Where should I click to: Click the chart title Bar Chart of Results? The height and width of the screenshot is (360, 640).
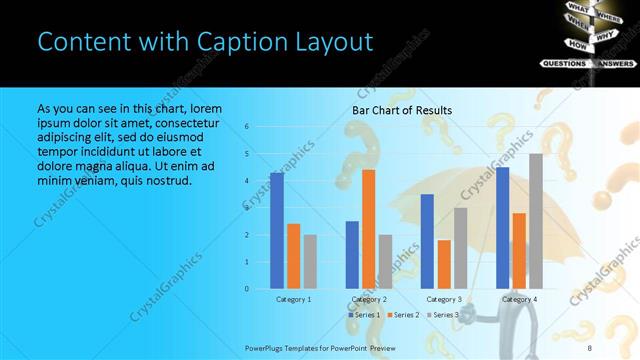pos(402,110)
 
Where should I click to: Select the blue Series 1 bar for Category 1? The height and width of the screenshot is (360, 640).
pos(277,230)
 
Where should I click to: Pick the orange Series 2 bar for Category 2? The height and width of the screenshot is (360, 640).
pos(369,229)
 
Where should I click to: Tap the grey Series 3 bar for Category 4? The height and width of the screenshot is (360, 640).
pos(536,221)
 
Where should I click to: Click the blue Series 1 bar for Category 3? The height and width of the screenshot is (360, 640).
pos(427,241)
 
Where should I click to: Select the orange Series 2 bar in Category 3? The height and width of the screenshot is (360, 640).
pos(444,264)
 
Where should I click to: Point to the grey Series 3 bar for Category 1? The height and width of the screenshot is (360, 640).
pos(310,261)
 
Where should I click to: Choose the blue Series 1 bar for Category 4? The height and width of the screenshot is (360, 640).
pos(502,228)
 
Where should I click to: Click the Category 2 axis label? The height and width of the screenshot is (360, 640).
pos(369,299)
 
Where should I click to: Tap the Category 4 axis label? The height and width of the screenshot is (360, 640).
pos(519,299)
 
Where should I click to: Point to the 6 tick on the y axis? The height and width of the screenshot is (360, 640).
pos(247,127)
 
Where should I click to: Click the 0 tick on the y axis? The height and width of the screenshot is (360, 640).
pos(247,289)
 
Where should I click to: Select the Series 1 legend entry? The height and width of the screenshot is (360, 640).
pos(365,315)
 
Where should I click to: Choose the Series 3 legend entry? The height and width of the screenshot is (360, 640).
pos(445,315)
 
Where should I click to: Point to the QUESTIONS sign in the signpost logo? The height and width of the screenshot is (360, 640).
pos(564,63)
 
